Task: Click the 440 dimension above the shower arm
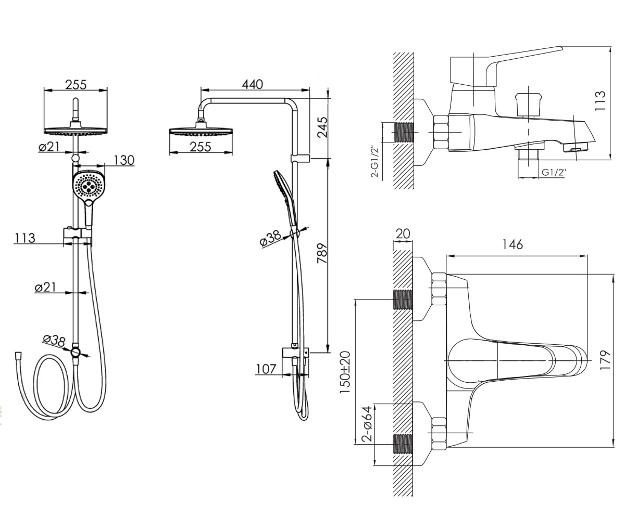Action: (253, 85)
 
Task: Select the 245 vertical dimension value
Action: (322, 127)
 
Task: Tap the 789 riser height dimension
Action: (322, 253)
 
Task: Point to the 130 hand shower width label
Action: (124, 161)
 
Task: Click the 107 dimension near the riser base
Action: (266, 369)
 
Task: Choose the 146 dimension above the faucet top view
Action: (512, 244)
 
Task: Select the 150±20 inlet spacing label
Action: (345, 372)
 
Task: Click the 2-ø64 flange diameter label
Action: (367, 424)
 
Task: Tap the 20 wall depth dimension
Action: (403, 233)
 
